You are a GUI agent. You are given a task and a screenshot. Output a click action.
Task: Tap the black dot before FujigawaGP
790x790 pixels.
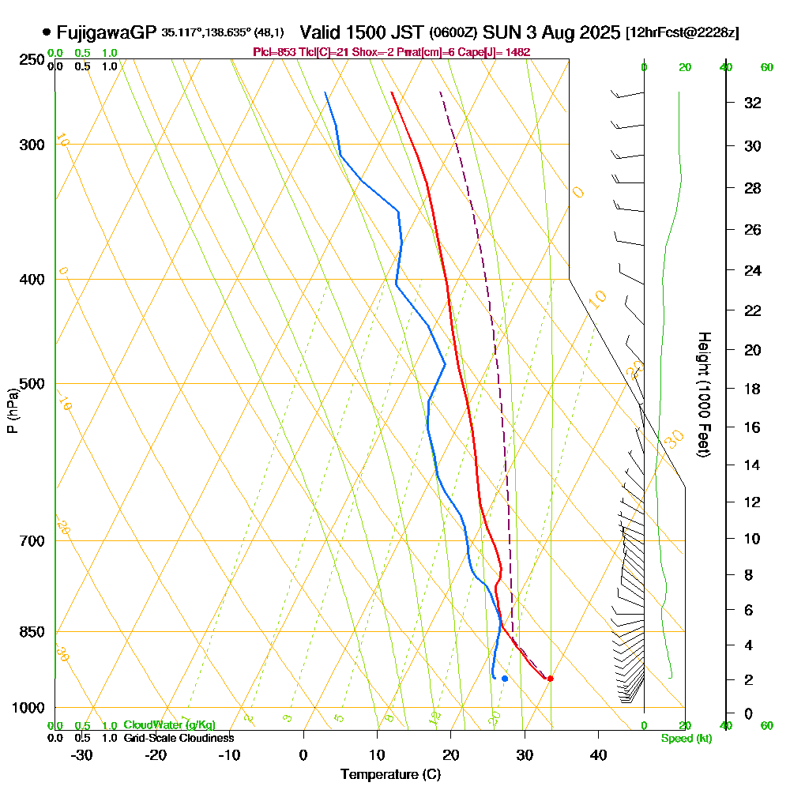[47, 32]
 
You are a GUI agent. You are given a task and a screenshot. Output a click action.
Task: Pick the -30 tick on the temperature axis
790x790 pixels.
[82, 754]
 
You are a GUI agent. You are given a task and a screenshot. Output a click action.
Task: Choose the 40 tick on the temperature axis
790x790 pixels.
[598, 754]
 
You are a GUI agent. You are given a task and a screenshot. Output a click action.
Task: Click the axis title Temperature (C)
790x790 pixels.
[390, 774]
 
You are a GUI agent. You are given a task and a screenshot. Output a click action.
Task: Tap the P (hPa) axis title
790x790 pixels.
[12, 410]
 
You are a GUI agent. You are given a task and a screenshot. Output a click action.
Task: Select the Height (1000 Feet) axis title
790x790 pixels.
[703, 394]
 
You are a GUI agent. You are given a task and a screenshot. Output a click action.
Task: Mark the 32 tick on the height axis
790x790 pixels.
[753, 102]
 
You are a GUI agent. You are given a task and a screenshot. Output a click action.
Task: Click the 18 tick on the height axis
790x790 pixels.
[753, 389]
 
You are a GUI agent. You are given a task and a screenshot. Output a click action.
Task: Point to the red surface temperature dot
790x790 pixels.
[550, 679]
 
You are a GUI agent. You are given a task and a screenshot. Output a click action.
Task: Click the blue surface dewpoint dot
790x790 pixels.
[504, 679]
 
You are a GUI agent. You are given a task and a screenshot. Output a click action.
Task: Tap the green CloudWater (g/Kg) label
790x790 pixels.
[169, 725]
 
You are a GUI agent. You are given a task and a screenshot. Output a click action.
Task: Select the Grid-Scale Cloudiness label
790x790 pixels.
[179, 738]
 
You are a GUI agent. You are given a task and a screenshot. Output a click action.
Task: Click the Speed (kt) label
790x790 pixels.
[687, 738]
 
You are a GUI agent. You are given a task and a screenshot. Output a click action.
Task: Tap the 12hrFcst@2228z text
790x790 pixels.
[682, 32]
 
